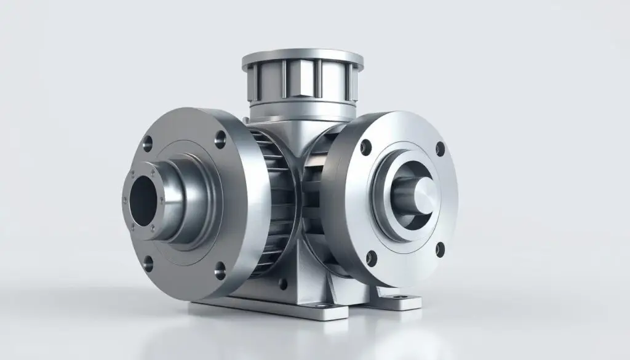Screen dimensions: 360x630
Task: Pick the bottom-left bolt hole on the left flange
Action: click(x=148, y=265)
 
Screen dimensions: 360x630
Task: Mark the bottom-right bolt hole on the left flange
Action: click(x=220, y=268)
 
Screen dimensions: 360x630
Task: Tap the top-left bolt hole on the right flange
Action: click(x=366, y=146)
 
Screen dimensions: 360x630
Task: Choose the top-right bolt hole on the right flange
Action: click(x=439, y=148)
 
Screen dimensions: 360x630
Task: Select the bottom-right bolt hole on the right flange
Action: click(x=440, y=249)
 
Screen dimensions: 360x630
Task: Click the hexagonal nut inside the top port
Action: click(x=302, y=82)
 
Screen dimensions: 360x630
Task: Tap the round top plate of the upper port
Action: click(x=302, y=58)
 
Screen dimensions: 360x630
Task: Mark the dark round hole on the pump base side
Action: click(x=282, y=284)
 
